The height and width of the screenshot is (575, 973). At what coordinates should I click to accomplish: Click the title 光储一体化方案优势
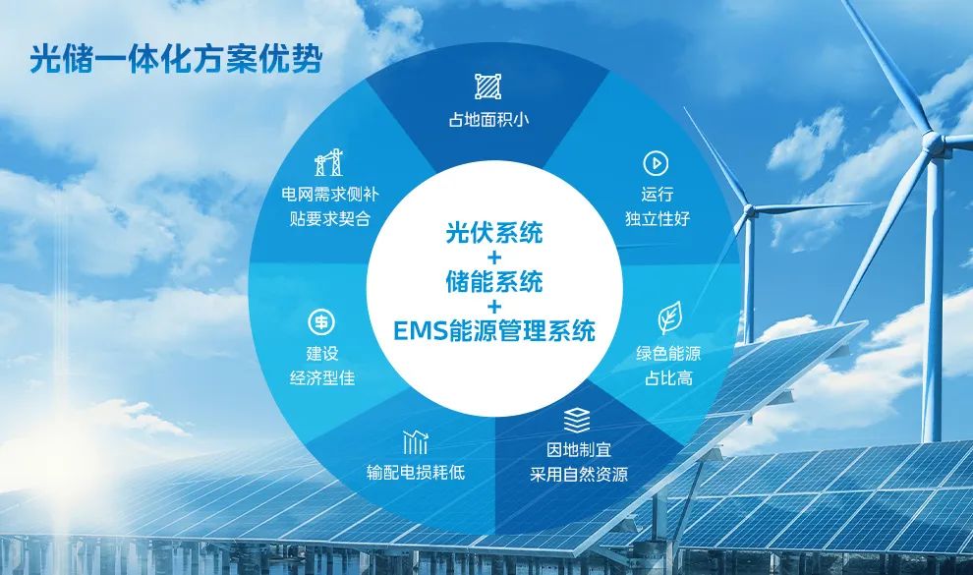176,59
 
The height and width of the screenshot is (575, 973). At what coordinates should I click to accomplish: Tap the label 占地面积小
489,119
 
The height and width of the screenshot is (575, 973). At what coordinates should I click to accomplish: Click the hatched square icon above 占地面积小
488,86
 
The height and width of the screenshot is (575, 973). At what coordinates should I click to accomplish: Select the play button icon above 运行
656,164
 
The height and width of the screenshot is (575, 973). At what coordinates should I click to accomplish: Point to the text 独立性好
658,218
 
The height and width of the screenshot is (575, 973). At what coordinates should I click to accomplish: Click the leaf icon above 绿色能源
669,317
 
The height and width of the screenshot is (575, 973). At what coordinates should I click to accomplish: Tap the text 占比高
668,377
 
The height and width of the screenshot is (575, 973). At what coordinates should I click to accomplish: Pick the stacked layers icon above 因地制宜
577,420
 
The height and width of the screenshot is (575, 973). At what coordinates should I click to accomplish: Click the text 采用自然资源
578,475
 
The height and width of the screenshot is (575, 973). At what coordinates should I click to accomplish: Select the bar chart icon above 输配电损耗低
415,441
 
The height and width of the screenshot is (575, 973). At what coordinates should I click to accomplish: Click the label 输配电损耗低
415,473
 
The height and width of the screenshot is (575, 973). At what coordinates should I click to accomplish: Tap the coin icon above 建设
321,322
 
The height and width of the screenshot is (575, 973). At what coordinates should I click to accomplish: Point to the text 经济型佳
322,377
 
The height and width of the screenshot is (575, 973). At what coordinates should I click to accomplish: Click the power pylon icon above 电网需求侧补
329,162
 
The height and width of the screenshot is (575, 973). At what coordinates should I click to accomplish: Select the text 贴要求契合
329,218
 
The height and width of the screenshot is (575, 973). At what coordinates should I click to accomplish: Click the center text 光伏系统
494,232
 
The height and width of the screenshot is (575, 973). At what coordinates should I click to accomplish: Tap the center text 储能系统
494,281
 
